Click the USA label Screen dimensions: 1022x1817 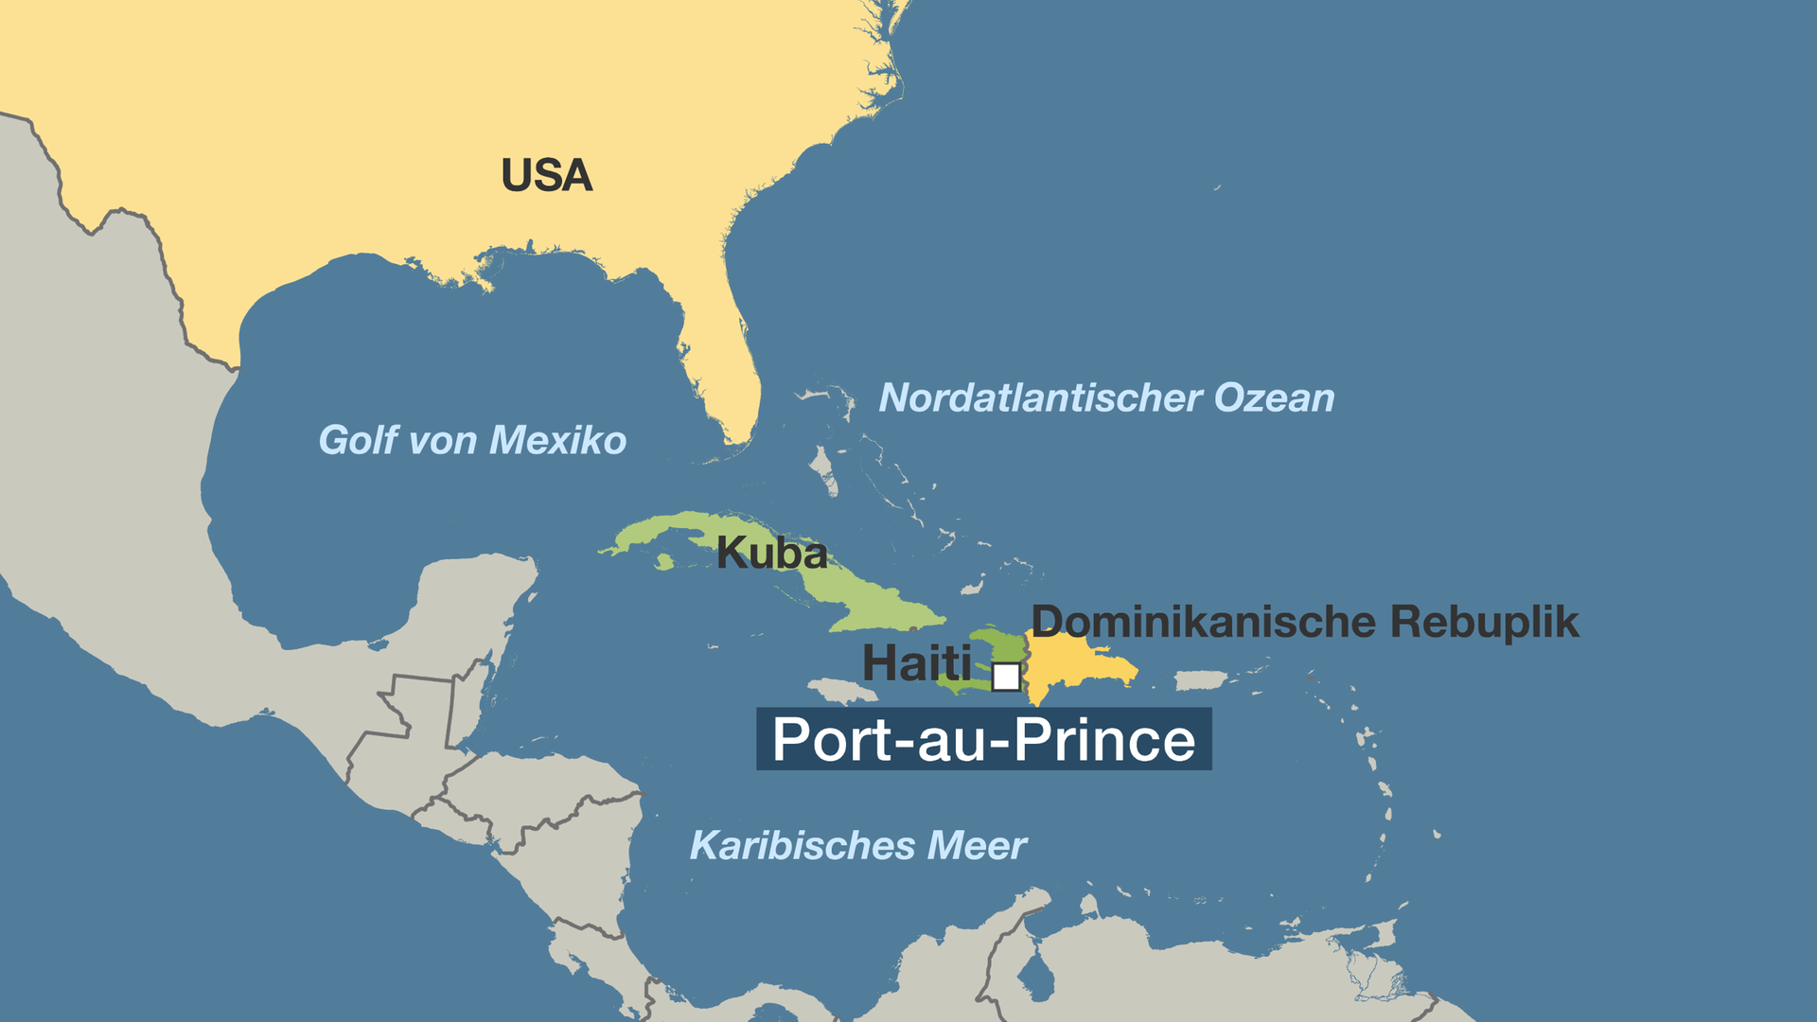pos(546,176)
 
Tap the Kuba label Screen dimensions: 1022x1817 pos(771,554)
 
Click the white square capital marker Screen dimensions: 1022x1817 pos(1006,678)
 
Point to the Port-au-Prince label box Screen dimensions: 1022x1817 pos(983,739)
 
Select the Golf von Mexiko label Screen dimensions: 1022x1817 pos(472,441)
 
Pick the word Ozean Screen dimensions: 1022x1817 pos(1274,398)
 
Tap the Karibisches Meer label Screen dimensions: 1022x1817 pos(857,846)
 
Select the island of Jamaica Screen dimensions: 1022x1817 pos(842,692)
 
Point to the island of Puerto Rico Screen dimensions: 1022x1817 pos(1200,680)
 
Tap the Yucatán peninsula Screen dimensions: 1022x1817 pos(473,606)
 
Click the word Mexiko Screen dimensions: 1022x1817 pos(557,441)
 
